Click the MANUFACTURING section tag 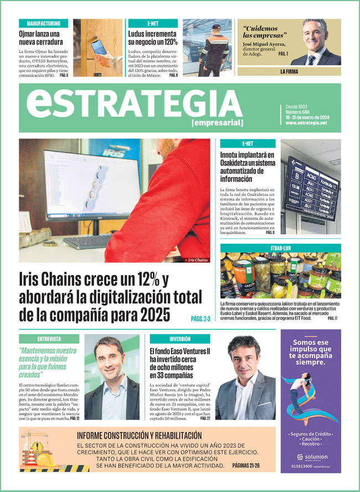tap(43, 24)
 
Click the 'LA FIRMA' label tap(290, 72)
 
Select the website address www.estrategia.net tap(306, 123)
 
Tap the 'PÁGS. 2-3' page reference tap(200, 319)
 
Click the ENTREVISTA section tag tap(49, 339)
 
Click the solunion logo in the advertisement tap(310, 458)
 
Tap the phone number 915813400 tap(300, 467)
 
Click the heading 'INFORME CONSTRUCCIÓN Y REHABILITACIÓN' tap(139, 436)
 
